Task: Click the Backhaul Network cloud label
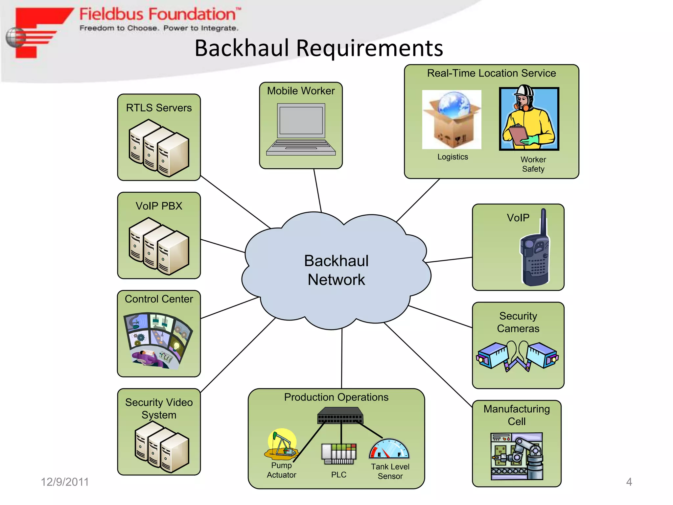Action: click(x=336, y=270)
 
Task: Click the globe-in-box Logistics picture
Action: click(x=452, y=119)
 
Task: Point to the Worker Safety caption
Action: click(x=533, y=164)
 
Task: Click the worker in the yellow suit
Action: click(x=529, y=118)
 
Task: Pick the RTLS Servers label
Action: click(x=159, y=108)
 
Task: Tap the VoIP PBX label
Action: click(x=159, y=206)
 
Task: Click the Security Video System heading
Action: click(x=159, y=408)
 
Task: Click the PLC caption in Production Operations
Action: click(x=338, y=474)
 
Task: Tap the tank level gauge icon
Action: click(x=389, y=449)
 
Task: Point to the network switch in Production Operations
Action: click(x=340, y=416)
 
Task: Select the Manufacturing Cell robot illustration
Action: click(x=517, y=456)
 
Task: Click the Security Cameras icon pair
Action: click(x=518, y=356)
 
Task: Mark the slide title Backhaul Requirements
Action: click(x=318, y=48)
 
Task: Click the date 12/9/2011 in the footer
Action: click(x=65, y=482)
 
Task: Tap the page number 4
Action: click(x=629, y=482)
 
